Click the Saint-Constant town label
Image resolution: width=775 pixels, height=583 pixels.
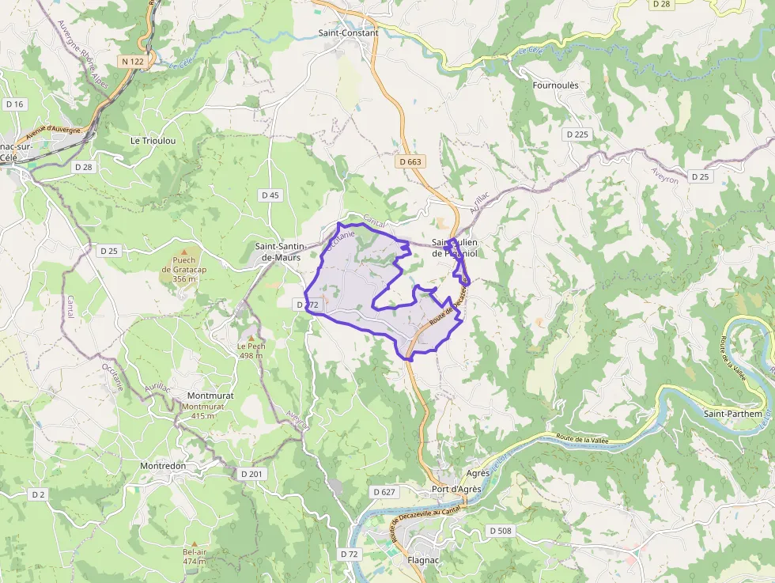coord(348,33)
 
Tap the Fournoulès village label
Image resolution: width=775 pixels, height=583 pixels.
coord(556,85)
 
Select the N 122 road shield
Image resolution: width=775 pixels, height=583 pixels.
coord(133,61)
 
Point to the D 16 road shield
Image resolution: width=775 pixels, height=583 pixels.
coord(15,104)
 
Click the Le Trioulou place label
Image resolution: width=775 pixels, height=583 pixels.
coord(153,140)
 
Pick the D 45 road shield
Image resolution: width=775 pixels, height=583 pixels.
coord(270,195)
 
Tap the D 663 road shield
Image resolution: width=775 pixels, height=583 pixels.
coord(410,162)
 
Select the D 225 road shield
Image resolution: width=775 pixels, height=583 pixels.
coord(578,134)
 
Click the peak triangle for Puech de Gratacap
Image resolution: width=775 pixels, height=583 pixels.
coord(184,252)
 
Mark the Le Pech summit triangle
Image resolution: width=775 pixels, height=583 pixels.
coord(251,338)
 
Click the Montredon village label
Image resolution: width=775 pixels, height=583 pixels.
coord(163,466)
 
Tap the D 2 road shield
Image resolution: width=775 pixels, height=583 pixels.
coord(38,494)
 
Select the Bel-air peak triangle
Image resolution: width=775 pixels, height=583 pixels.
coord(194,544)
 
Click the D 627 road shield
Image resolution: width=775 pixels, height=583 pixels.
coord(383,492)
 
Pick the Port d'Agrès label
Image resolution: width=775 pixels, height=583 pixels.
coord(456,490)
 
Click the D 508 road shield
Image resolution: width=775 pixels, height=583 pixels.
coord(501,530)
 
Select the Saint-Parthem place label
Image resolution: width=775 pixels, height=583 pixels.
coord(733,414)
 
